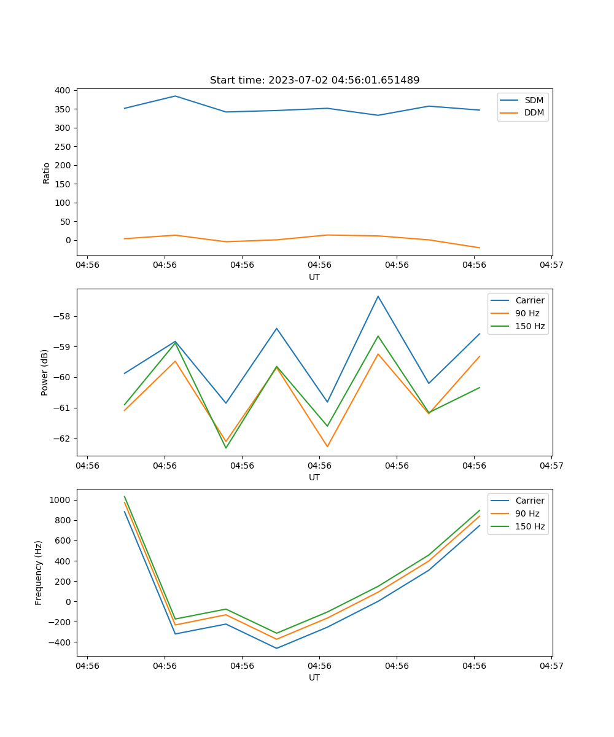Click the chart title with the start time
pos(314,80)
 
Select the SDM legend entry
pos(534,100)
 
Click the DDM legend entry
pos(534,112)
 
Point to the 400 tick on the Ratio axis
pos(62,90)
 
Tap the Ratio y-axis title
pos(47,173)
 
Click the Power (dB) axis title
pos(45,373)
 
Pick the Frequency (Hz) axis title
pos(39,572)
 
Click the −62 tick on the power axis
pos(62,439)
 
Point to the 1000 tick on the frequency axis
pos(60,500)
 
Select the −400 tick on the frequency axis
pos(60,642)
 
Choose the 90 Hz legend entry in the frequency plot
pos(527,513)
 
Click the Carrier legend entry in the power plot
pos(530,300)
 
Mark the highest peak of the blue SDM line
pos(175,96)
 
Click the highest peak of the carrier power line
pos(378,296)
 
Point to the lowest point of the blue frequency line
pos(276,648)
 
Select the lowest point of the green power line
pos(226,448)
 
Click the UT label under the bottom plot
pos(314,677)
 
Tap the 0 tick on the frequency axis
pos(68,602)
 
